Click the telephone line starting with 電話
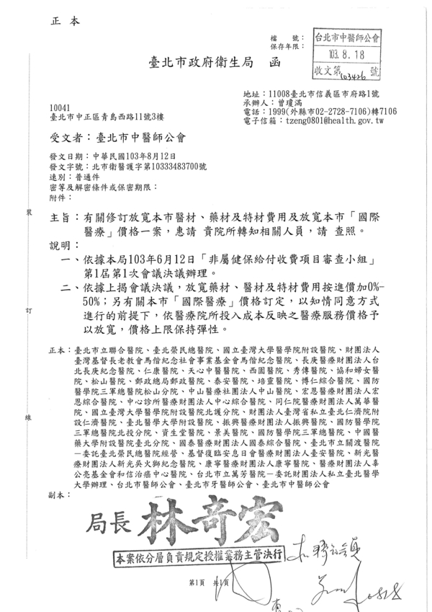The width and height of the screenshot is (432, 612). (x=320, y=112)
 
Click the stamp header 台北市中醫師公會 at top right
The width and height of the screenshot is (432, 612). (x=348, y=36)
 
